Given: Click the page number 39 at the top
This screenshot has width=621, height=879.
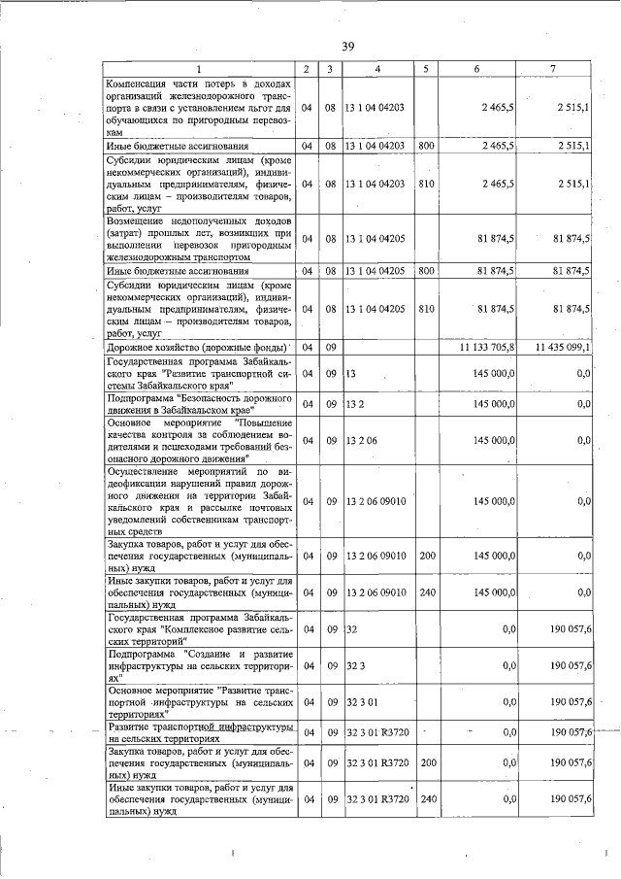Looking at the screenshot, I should (350, 45).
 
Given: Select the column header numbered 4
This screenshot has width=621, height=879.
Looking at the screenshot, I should (376, 69).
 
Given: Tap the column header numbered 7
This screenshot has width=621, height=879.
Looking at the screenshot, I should (553, 69).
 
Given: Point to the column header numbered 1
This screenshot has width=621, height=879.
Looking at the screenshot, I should (199, 69).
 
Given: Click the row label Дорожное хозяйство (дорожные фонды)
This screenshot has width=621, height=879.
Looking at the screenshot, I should (197, 347).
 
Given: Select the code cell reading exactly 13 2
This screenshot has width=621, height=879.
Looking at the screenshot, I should (352, 405).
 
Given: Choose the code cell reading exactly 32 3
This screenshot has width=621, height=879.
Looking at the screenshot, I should (352, 665).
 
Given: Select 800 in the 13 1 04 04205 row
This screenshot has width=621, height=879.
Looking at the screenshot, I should (425, 272).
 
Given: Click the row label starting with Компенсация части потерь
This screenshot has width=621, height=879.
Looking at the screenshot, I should (199, 107).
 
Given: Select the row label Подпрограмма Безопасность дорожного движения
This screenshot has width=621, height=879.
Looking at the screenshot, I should (199, 405).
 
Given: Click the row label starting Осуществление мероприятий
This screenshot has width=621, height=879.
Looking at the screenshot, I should (199, 501).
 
